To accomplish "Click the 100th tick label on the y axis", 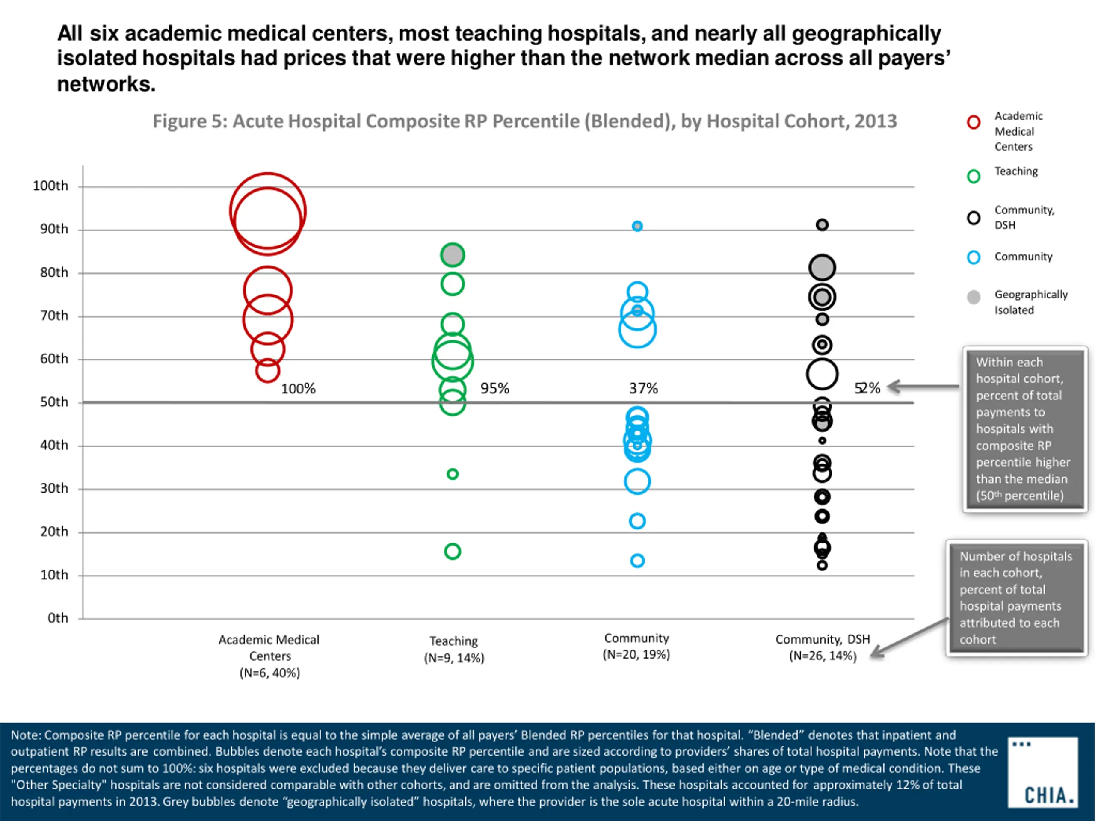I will click(x=50, y=186).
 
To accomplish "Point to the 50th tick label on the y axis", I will click(x=54, y=402).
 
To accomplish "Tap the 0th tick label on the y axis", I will click(x=58, y=618).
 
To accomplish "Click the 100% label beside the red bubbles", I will click(x=298, y=388).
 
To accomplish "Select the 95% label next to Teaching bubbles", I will click(x=494, y=388).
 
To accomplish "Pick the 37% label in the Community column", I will click(x=643, y=388).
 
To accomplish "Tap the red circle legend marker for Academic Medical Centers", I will click(x=973, y=122).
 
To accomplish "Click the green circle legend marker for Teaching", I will click(x=973, y=176).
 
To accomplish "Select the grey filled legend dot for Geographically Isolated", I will click(x=973, y=297).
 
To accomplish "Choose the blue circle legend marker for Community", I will click(x=973, y=257).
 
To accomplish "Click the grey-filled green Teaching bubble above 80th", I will click(x=453, y=255).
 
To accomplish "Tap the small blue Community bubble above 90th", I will click(x=637, y=226).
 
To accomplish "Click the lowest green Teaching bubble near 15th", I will click(x=453, y=551).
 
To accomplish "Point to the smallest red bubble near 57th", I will click(x=267, y=371).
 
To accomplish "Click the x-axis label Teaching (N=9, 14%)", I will click(x=454, y=649).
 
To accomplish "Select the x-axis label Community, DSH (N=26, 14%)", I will click(x=822, y=647).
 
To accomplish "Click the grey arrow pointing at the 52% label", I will click(x=921, y=387).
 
